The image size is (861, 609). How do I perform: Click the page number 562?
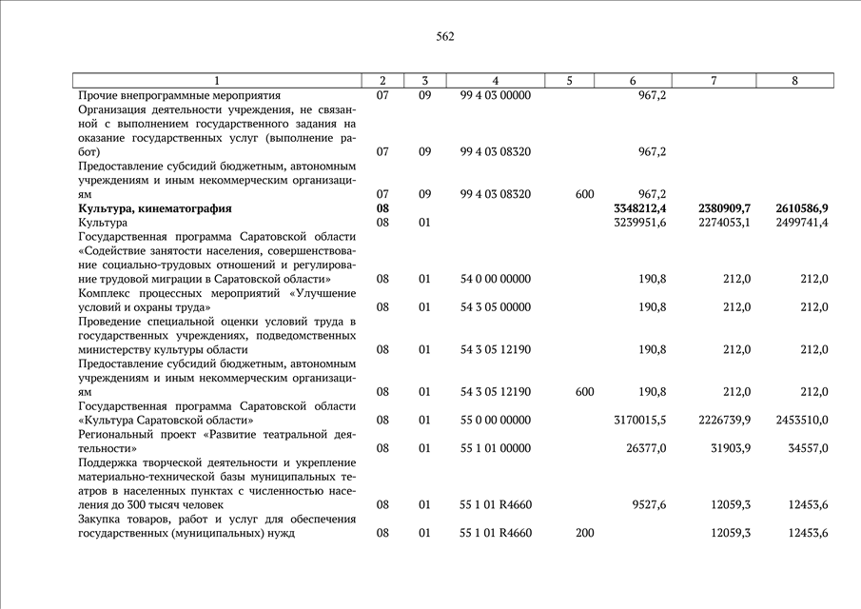click(x=445, y=37)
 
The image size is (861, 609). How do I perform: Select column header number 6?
click(x=633, y=81)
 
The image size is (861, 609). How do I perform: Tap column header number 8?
click(x=794, y=81)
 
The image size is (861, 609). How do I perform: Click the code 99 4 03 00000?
click(x=495, y=96)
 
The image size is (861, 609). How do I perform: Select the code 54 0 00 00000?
click(x=495, y=279)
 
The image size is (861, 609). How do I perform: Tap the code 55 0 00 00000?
click(x=495, y=420)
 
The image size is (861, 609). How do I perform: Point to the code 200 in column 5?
click(x=585, y=533)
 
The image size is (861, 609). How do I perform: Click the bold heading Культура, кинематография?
click(x=155, y=208)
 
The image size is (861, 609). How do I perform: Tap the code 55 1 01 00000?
click(x=495, y=448)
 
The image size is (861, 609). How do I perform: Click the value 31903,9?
click(x=725, y=448)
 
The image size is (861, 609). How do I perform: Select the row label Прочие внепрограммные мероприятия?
click(x=179, y=96)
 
